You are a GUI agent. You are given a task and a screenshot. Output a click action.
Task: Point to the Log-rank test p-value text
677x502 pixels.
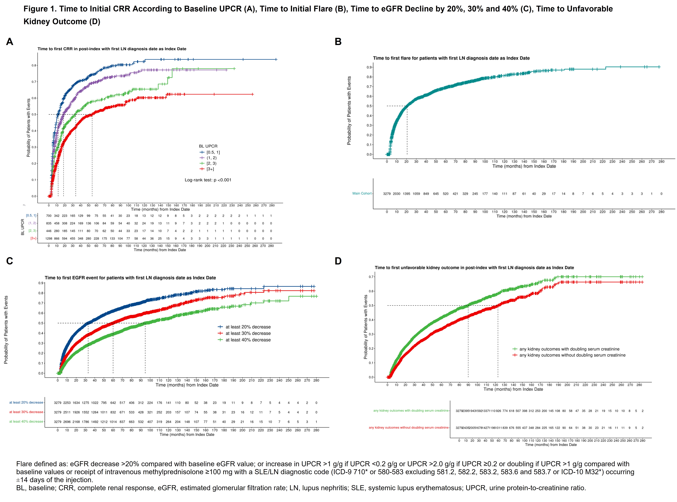(208, 180)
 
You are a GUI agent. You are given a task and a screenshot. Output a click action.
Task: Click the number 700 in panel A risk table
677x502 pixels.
(49, 216)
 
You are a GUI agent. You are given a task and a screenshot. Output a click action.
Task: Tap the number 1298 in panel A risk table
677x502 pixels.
(49, 239)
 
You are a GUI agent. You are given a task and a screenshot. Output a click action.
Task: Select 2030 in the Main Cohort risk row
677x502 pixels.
(397, 194)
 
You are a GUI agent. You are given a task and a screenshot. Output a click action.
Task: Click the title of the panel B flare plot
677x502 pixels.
(451, 58)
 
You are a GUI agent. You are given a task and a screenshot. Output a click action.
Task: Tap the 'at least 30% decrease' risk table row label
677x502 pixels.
(26, 412)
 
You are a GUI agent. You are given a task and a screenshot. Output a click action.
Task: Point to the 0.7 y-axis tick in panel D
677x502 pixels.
(371, 277)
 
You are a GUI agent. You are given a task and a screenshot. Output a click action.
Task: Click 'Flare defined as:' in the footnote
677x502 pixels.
(42, 464)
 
